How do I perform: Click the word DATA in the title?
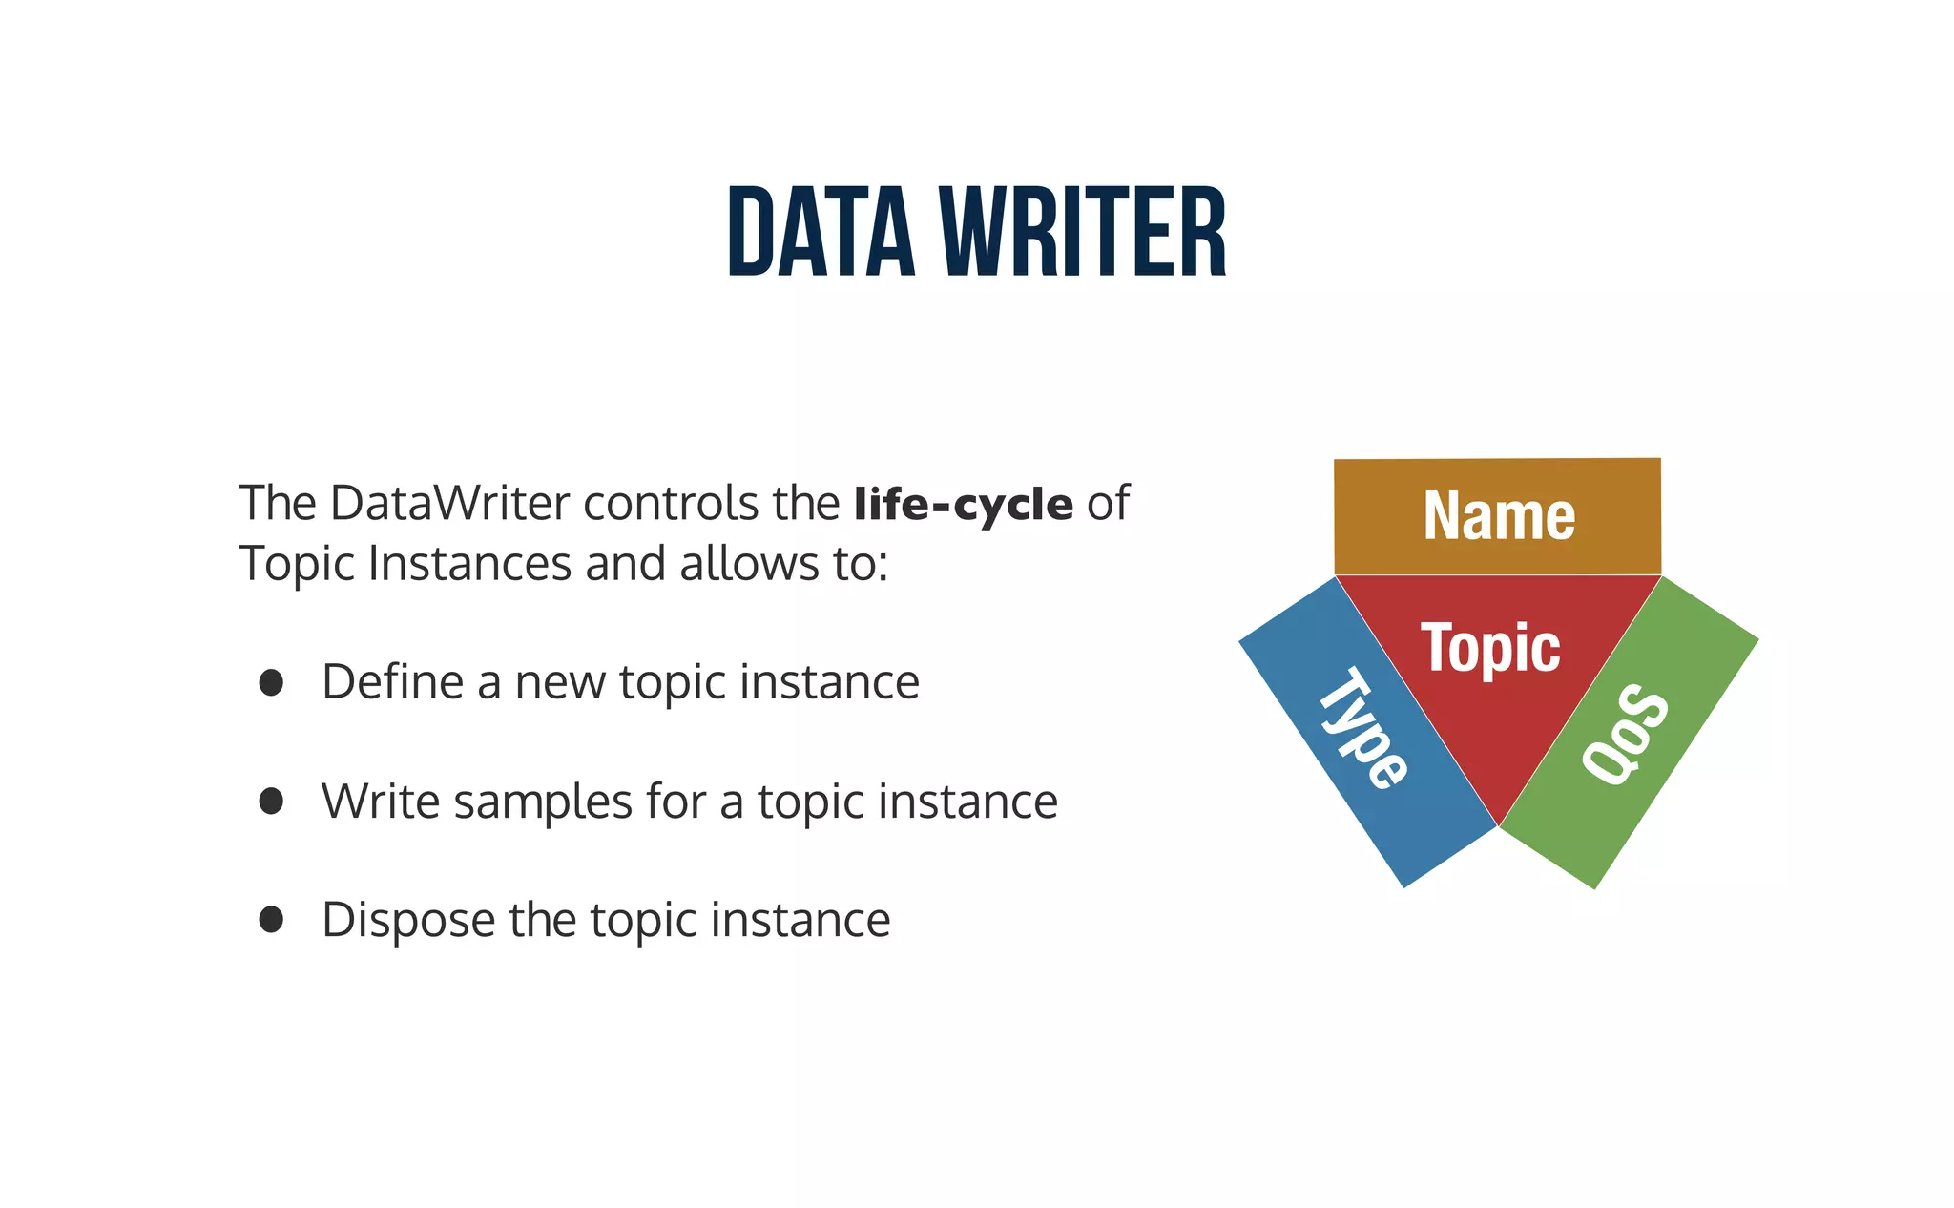point(821,233)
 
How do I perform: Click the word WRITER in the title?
point(1083,233)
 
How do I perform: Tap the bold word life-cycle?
point(964,504)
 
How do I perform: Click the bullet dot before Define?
point(271,682)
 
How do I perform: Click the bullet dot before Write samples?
point(271,801)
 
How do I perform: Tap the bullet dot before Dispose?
point(271,920)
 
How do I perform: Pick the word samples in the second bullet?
point(543,802)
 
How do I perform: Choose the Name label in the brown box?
point(1499,516)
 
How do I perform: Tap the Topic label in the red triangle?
point(1490,649)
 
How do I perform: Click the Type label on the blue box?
point(1362,728)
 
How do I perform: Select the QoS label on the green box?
point(1626,734)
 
